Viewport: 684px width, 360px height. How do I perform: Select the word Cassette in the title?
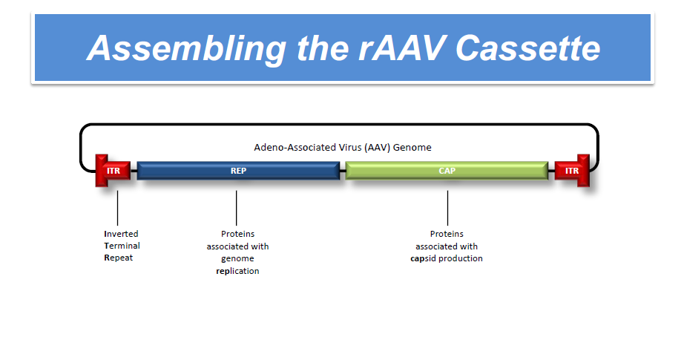point(527,48)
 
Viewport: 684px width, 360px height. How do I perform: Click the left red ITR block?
point(113,171)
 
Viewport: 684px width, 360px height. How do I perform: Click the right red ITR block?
point(572,171)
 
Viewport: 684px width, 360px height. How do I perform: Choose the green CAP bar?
point(447,171)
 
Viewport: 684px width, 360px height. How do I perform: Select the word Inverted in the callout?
point(121,234)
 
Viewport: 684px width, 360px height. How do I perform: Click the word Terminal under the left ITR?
point(122,246)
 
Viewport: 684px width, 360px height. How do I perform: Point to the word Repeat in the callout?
point(119,258)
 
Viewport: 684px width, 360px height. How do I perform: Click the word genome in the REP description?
point(237,258)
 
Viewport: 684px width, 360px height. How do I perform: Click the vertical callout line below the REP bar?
point(237,204)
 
